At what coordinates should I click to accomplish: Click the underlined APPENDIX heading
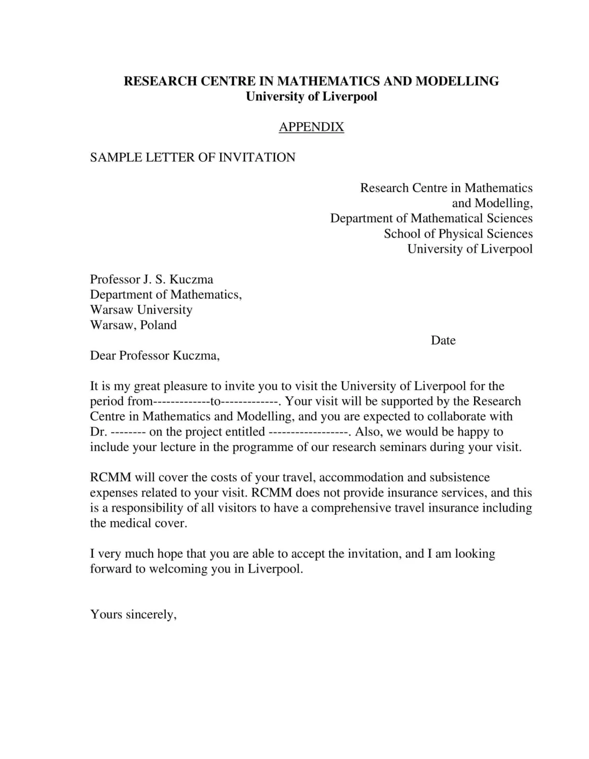[x=311, y=127]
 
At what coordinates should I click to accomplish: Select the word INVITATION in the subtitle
[x=257, y=157]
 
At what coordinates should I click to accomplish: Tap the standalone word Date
[x=443, y=340]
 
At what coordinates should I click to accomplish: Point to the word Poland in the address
[x=158, y=325]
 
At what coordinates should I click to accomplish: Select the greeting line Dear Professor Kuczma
[x=155, y=356]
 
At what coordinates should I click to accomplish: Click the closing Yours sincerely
[x=133, y=614]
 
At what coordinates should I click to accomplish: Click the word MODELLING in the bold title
[x=457, y=81]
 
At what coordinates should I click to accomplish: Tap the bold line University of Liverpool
[x=311, y=97]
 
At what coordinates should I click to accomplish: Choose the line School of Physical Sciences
[x=458, y=234]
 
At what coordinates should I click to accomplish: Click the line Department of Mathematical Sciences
[x=431, y=218]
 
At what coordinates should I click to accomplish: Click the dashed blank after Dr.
[x=128, y=432]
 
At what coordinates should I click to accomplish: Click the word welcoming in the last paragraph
[x=178, y=569]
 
